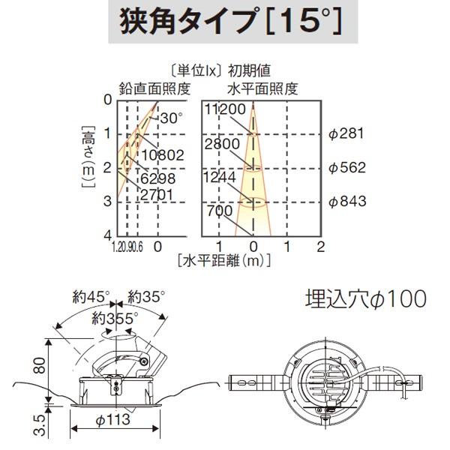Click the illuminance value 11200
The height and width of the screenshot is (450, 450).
pos(226,110)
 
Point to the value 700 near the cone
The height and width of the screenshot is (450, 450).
pos(221,210)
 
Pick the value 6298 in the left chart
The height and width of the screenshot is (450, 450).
pos(157,178)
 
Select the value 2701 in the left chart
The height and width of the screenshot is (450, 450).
pos(157,195)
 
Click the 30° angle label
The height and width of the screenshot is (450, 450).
pos(171,118)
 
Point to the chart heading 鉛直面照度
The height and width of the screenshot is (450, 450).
pos(153,88)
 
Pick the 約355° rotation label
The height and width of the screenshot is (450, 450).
pos(115,318)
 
